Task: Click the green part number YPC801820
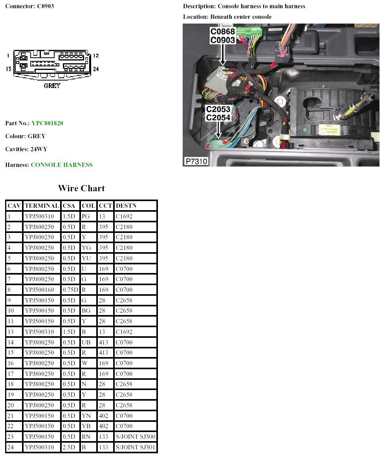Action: (47, 123)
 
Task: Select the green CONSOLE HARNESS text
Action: (61, 165)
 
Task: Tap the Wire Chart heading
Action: (81, 188)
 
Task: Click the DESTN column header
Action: (126, 205)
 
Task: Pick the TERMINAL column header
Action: (42, 205)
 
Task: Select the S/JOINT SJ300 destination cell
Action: (136, 436)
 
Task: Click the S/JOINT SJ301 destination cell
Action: (136, 447)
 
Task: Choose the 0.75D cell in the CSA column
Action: (70, 289)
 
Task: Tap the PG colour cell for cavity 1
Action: (86, 216)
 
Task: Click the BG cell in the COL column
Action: (86, 311)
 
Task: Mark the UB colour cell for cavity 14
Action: (86, 342)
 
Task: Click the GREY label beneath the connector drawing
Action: (52, 86)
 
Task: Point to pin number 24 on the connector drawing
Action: (96, 69)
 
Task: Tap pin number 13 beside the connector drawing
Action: (8, 69)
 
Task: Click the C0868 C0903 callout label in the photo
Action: (222, 36)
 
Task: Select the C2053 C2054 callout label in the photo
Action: (218, 113)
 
